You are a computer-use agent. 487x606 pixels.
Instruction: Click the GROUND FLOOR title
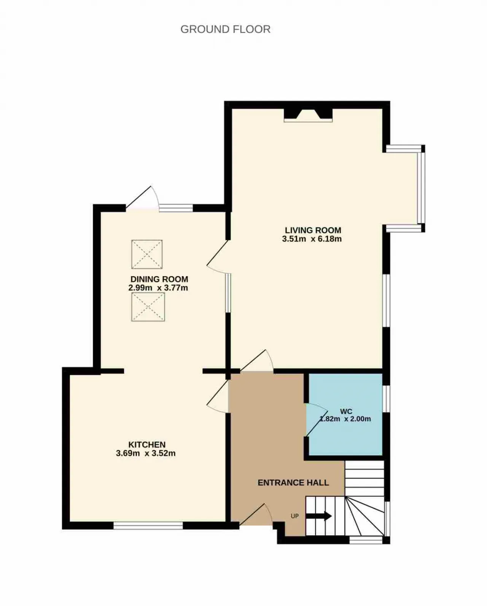[225, 29]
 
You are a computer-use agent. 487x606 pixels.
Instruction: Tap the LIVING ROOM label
[313, 230]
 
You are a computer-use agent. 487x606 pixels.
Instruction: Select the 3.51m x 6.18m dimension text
[312, 239]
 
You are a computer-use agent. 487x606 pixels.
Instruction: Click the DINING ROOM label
[159, 279]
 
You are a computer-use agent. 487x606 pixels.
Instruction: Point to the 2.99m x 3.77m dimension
[158, 288]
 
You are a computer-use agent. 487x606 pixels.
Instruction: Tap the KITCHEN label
[147, 445]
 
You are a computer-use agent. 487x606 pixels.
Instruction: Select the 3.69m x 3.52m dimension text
[146, 453]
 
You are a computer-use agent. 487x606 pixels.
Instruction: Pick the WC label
[346, 411]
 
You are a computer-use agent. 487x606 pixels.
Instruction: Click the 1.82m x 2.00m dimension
[345, 419]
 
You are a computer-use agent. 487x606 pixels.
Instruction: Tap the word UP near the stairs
[294, 516]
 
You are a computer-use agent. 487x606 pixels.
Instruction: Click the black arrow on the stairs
[318, 516]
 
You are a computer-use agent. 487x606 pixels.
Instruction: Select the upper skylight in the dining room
[147, 254]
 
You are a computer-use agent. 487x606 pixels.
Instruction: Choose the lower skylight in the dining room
[148, 307]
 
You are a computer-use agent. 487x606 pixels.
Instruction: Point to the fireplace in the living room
[308, 115]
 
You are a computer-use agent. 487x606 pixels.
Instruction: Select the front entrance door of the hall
[256, 515]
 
